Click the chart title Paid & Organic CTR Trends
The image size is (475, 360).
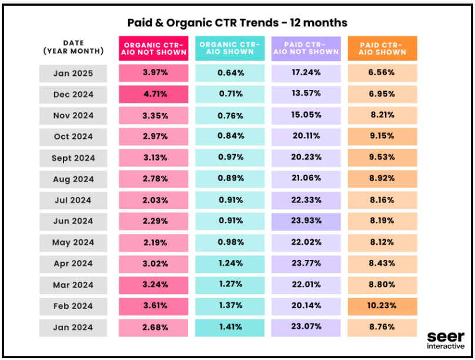click(x=237, y=23)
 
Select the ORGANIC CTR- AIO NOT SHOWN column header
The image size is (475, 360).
click(x=153, y=48)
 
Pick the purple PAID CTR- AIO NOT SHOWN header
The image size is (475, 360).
click(x=306, y=48)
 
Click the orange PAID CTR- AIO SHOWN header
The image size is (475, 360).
click(x=382, y=48)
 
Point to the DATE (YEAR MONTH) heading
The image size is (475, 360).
click(x=73, y=47)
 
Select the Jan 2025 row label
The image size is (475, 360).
click(x=73, y=73)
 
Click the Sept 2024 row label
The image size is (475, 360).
click(x=73, y=158)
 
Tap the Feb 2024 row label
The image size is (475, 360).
click(x=73, y=306)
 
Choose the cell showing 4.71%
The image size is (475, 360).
click(x=153, y=94)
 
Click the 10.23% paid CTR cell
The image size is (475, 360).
click(x=382, y=306)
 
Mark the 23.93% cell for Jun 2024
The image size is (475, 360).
click(x=306, y=221)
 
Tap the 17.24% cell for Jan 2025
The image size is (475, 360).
click(x=306, y=73)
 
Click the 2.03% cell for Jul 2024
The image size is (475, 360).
click(x=153, y=200)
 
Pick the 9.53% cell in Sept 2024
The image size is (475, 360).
click(x=382, y=158)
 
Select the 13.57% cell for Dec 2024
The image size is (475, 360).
click(x=306, y=94)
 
